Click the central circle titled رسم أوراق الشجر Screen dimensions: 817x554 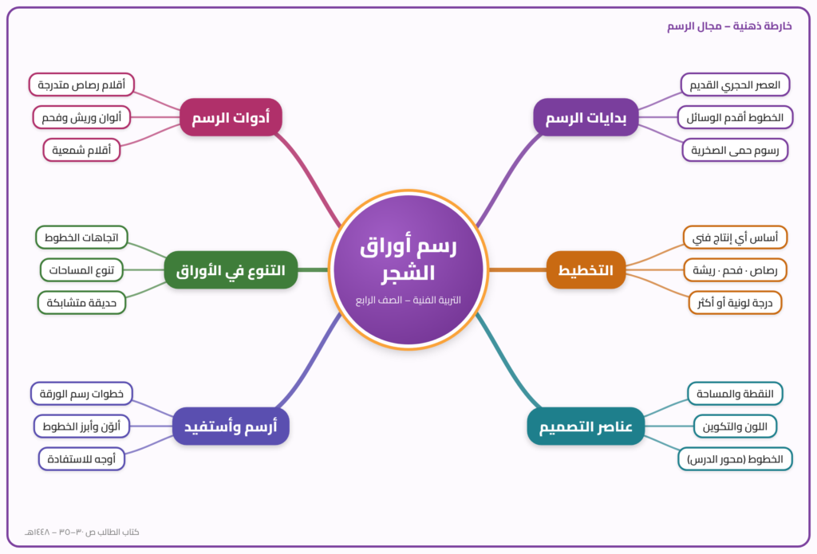tap(408, 269)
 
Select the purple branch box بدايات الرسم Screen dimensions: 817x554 tap(586, 117)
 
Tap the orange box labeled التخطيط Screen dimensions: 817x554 tap(586, 269)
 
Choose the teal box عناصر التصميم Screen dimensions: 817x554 tap(586, 426)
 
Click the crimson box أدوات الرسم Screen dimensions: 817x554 tap(231, 117)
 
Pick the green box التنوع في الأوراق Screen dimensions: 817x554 tap(231, 269)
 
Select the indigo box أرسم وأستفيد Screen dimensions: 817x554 tap(231, 426)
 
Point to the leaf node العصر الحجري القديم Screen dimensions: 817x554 tap(735, 84)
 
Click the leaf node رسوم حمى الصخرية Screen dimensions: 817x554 tap(735, 150)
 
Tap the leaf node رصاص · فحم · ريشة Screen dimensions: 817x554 tap(735, 269)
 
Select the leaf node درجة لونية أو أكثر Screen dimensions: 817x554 tap(735, 303)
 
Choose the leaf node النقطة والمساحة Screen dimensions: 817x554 tap(735, 394)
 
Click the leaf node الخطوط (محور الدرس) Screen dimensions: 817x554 tap(735, 458)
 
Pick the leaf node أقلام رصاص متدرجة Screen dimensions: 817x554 tap(81, 84)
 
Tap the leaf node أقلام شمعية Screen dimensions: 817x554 tap(81, 150)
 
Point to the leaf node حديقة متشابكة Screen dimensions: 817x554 tap(81, 303)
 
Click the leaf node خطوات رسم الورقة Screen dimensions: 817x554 tap(81, 394)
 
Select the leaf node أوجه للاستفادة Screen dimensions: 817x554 tap(81, 458)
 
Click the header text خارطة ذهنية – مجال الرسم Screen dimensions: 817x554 tap(729, 26)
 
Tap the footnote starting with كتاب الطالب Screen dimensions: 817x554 tap(82, 532)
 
